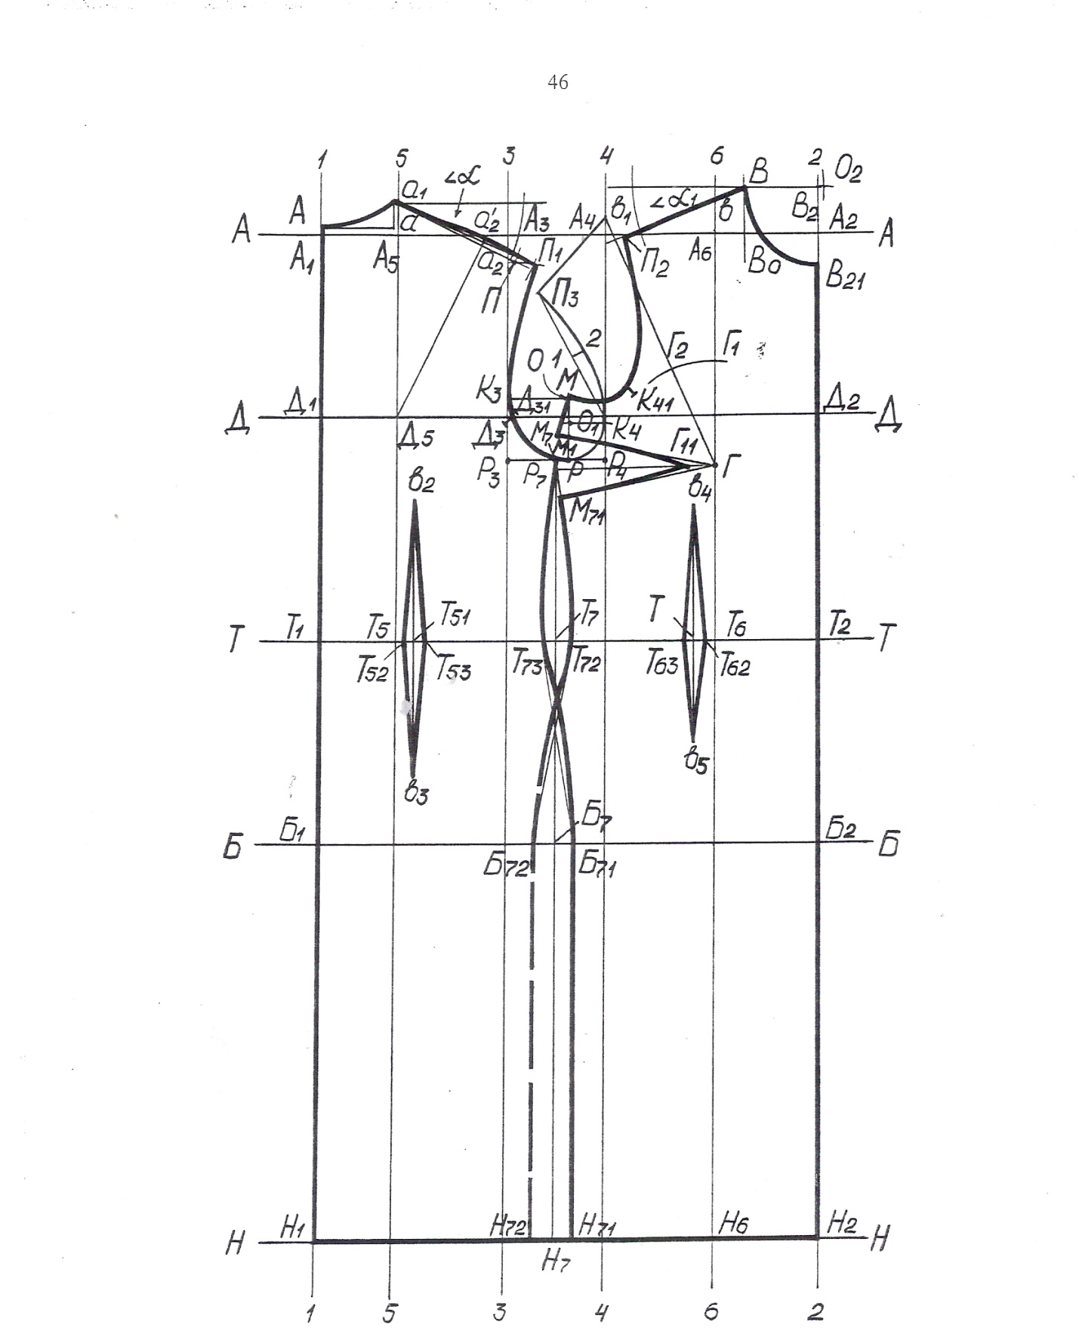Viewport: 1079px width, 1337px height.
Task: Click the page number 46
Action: [557, 82]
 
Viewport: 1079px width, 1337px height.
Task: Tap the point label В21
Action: [844, 278]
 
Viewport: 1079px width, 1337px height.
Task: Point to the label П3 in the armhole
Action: [566, 297]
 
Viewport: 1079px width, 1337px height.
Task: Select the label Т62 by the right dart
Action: [734, 665]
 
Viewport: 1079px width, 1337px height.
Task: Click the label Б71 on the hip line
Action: [597, 865]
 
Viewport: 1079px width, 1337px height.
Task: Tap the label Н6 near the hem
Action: [732, 1224]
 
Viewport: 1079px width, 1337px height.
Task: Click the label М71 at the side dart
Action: [587, 513]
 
